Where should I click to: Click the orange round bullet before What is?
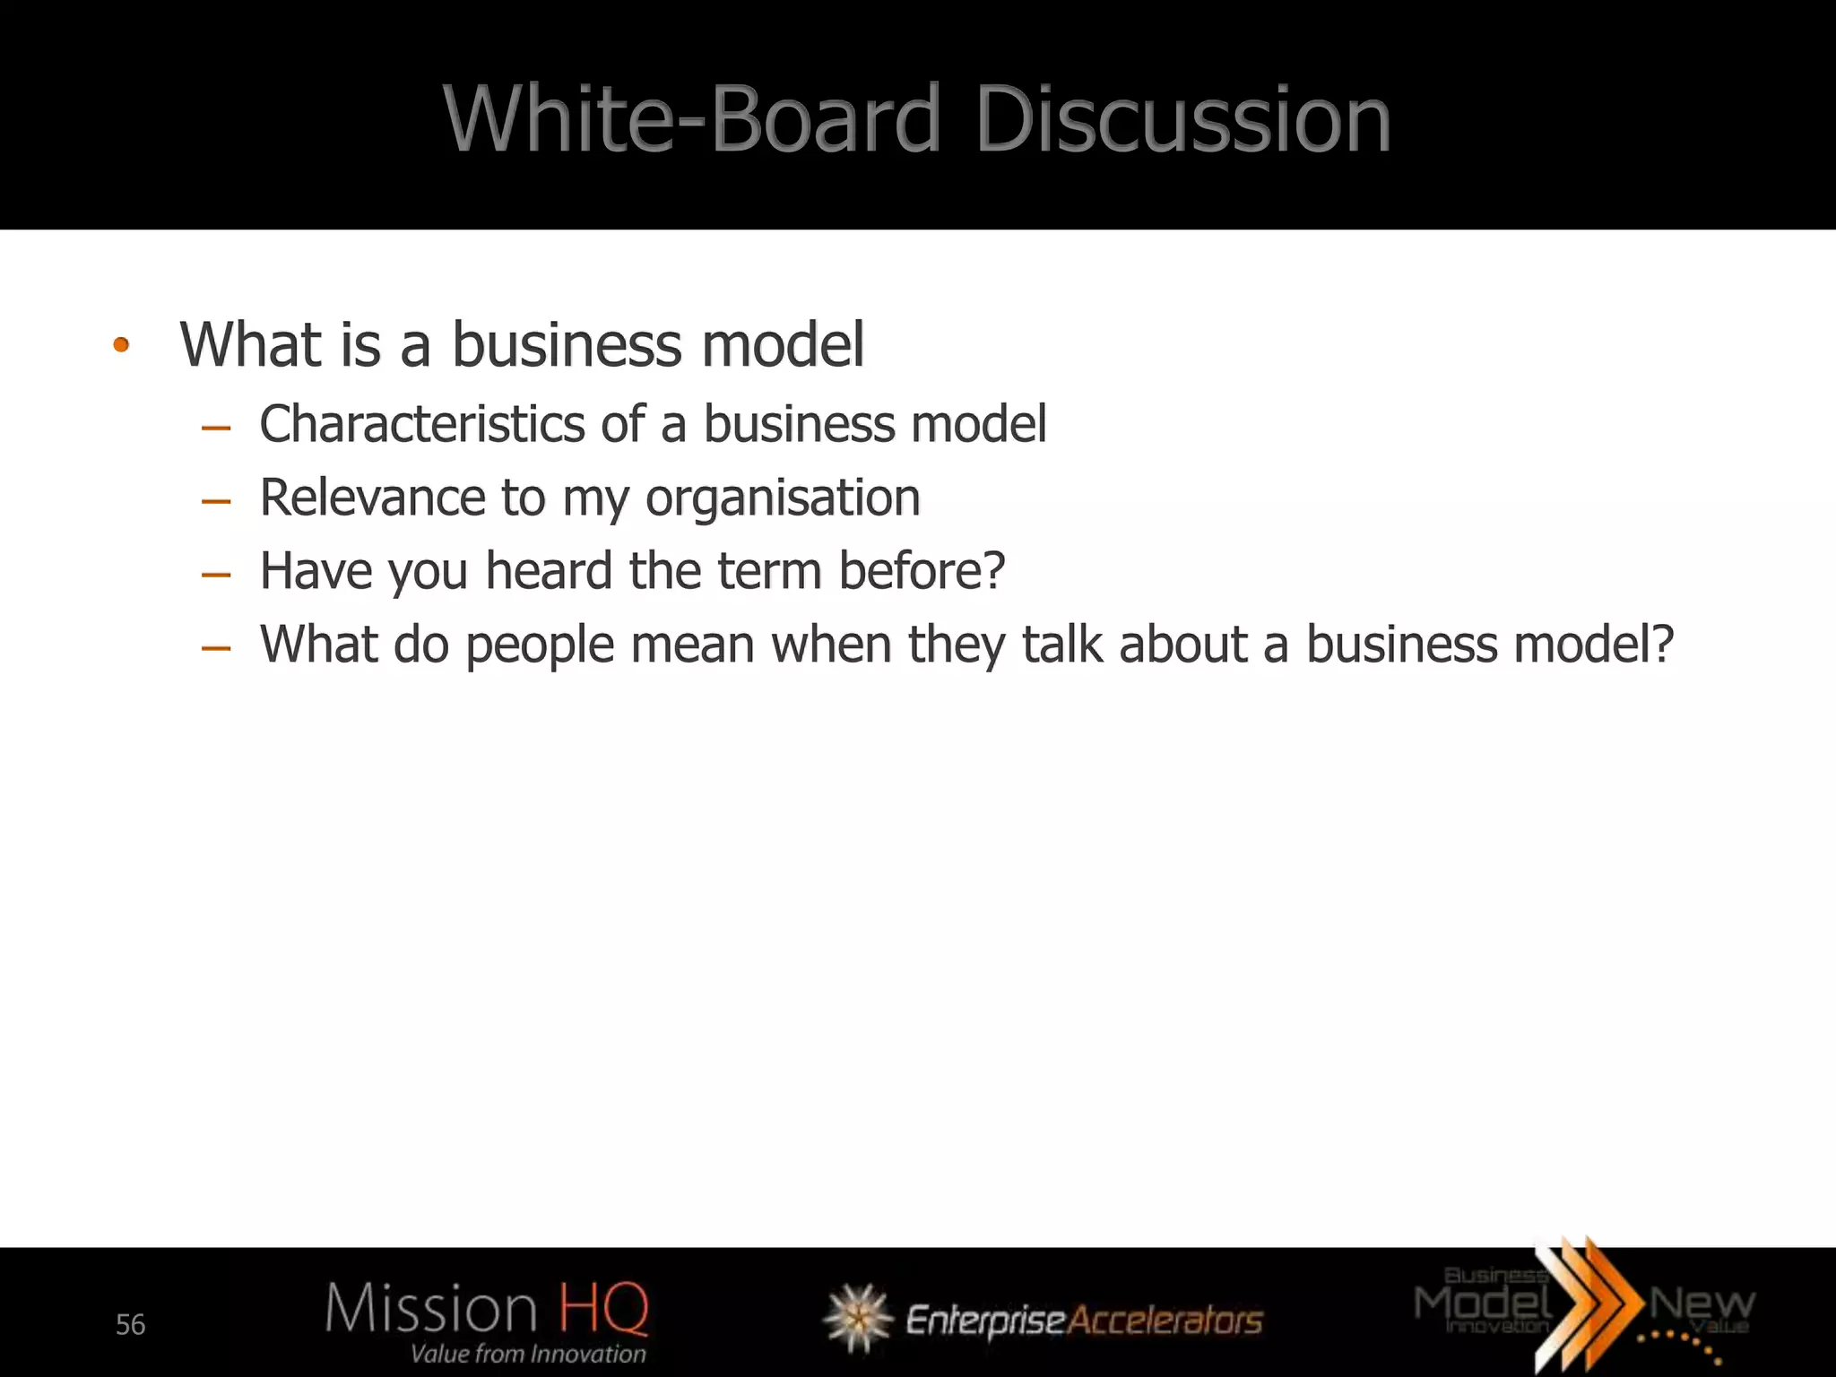point(122,345)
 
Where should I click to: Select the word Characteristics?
point(421,423)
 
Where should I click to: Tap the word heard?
point(549,571)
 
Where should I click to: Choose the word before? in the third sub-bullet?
point(922,571)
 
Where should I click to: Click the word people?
point(540,645)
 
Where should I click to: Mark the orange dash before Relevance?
point(216,501)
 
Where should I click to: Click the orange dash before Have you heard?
point(216,575)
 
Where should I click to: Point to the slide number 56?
point(131,1324)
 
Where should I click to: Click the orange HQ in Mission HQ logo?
point(603,1308)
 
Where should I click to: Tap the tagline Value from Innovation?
point(528,1354)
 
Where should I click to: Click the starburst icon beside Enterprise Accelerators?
point(857,1318)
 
